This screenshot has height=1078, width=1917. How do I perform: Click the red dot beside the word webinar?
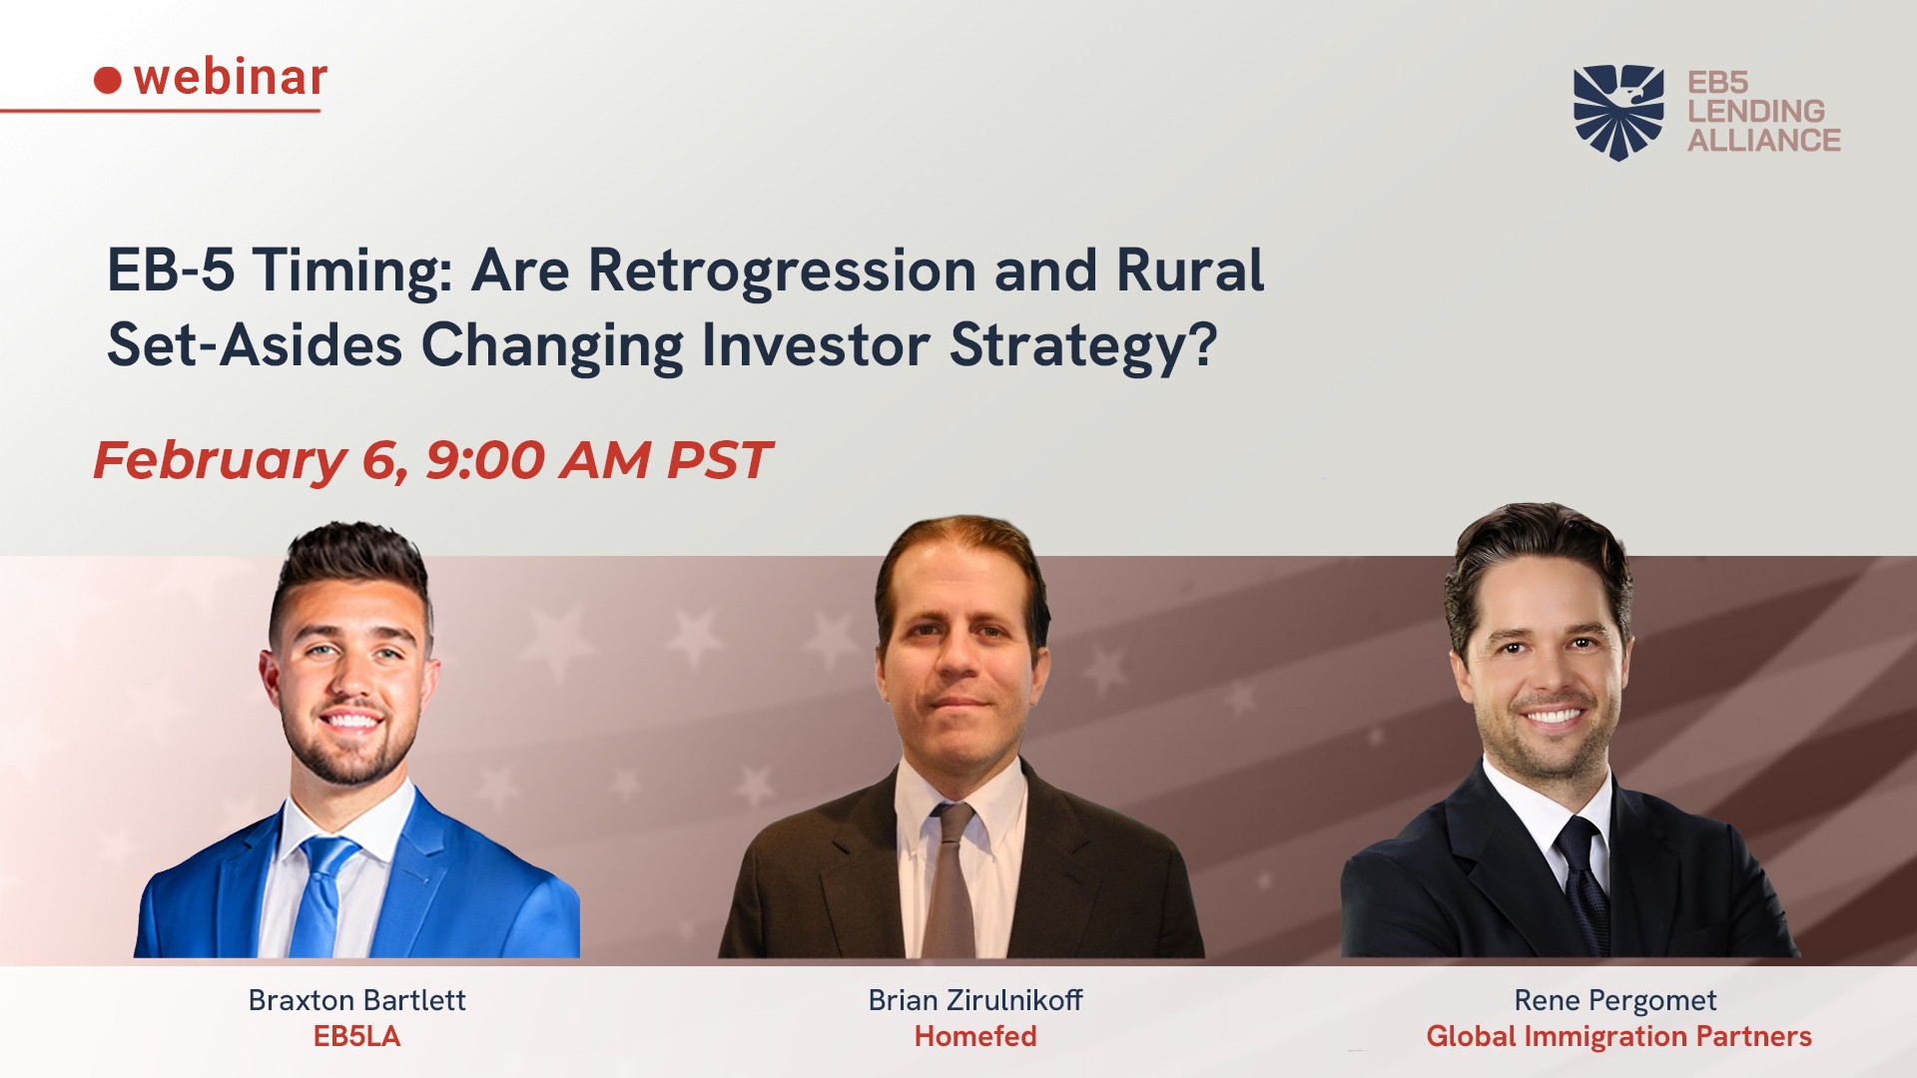108,80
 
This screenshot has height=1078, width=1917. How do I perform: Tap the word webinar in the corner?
231,77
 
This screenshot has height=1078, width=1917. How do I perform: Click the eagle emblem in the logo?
1618,112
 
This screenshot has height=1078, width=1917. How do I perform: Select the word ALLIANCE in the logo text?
1764,141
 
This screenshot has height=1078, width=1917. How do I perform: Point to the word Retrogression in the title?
782,272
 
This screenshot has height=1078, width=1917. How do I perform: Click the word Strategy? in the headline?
1083,346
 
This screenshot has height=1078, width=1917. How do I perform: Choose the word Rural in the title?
1190,269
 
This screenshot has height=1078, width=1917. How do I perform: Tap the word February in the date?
220,461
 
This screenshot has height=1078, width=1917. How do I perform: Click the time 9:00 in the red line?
486,460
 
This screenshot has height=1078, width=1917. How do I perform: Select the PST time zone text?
719,460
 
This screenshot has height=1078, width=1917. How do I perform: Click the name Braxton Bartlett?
356,1000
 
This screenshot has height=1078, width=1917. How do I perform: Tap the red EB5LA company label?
356,1036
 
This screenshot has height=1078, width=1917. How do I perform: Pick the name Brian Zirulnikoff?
975,1000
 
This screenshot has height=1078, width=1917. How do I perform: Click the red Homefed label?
975,1036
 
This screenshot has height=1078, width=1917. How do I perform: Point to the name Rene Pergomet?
1615,1000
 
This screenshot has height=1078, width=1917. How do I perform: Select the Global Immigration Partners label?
1618,1037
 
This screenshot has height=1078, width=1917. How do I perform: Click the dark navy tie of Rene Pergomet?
1584,884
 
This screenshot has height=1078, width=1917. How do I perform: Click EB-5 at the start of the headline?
171,269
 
